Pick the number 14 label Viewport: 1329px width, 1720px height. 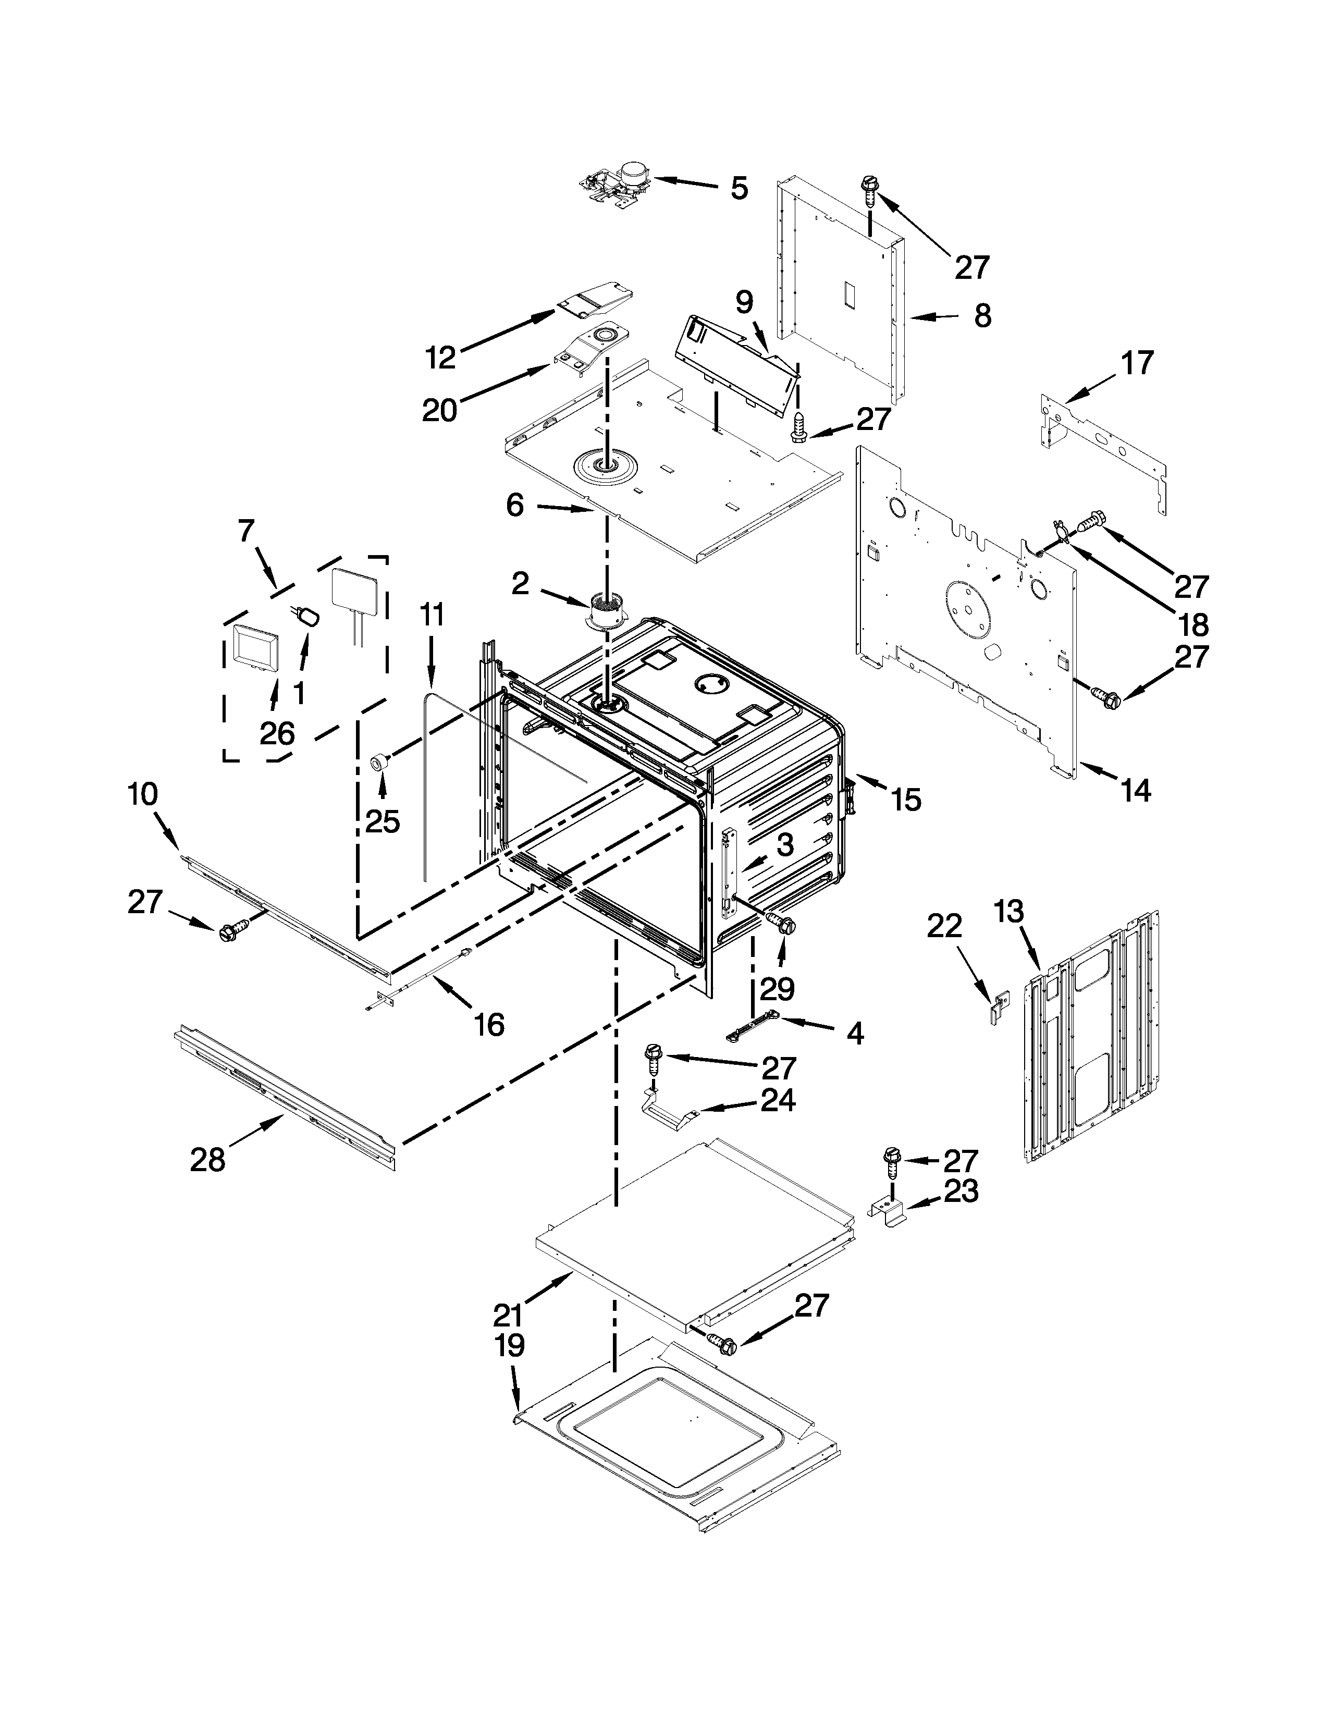click(x=1136, y=790)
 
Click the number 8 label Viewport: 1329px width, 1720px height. click(x=982, y=316)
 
